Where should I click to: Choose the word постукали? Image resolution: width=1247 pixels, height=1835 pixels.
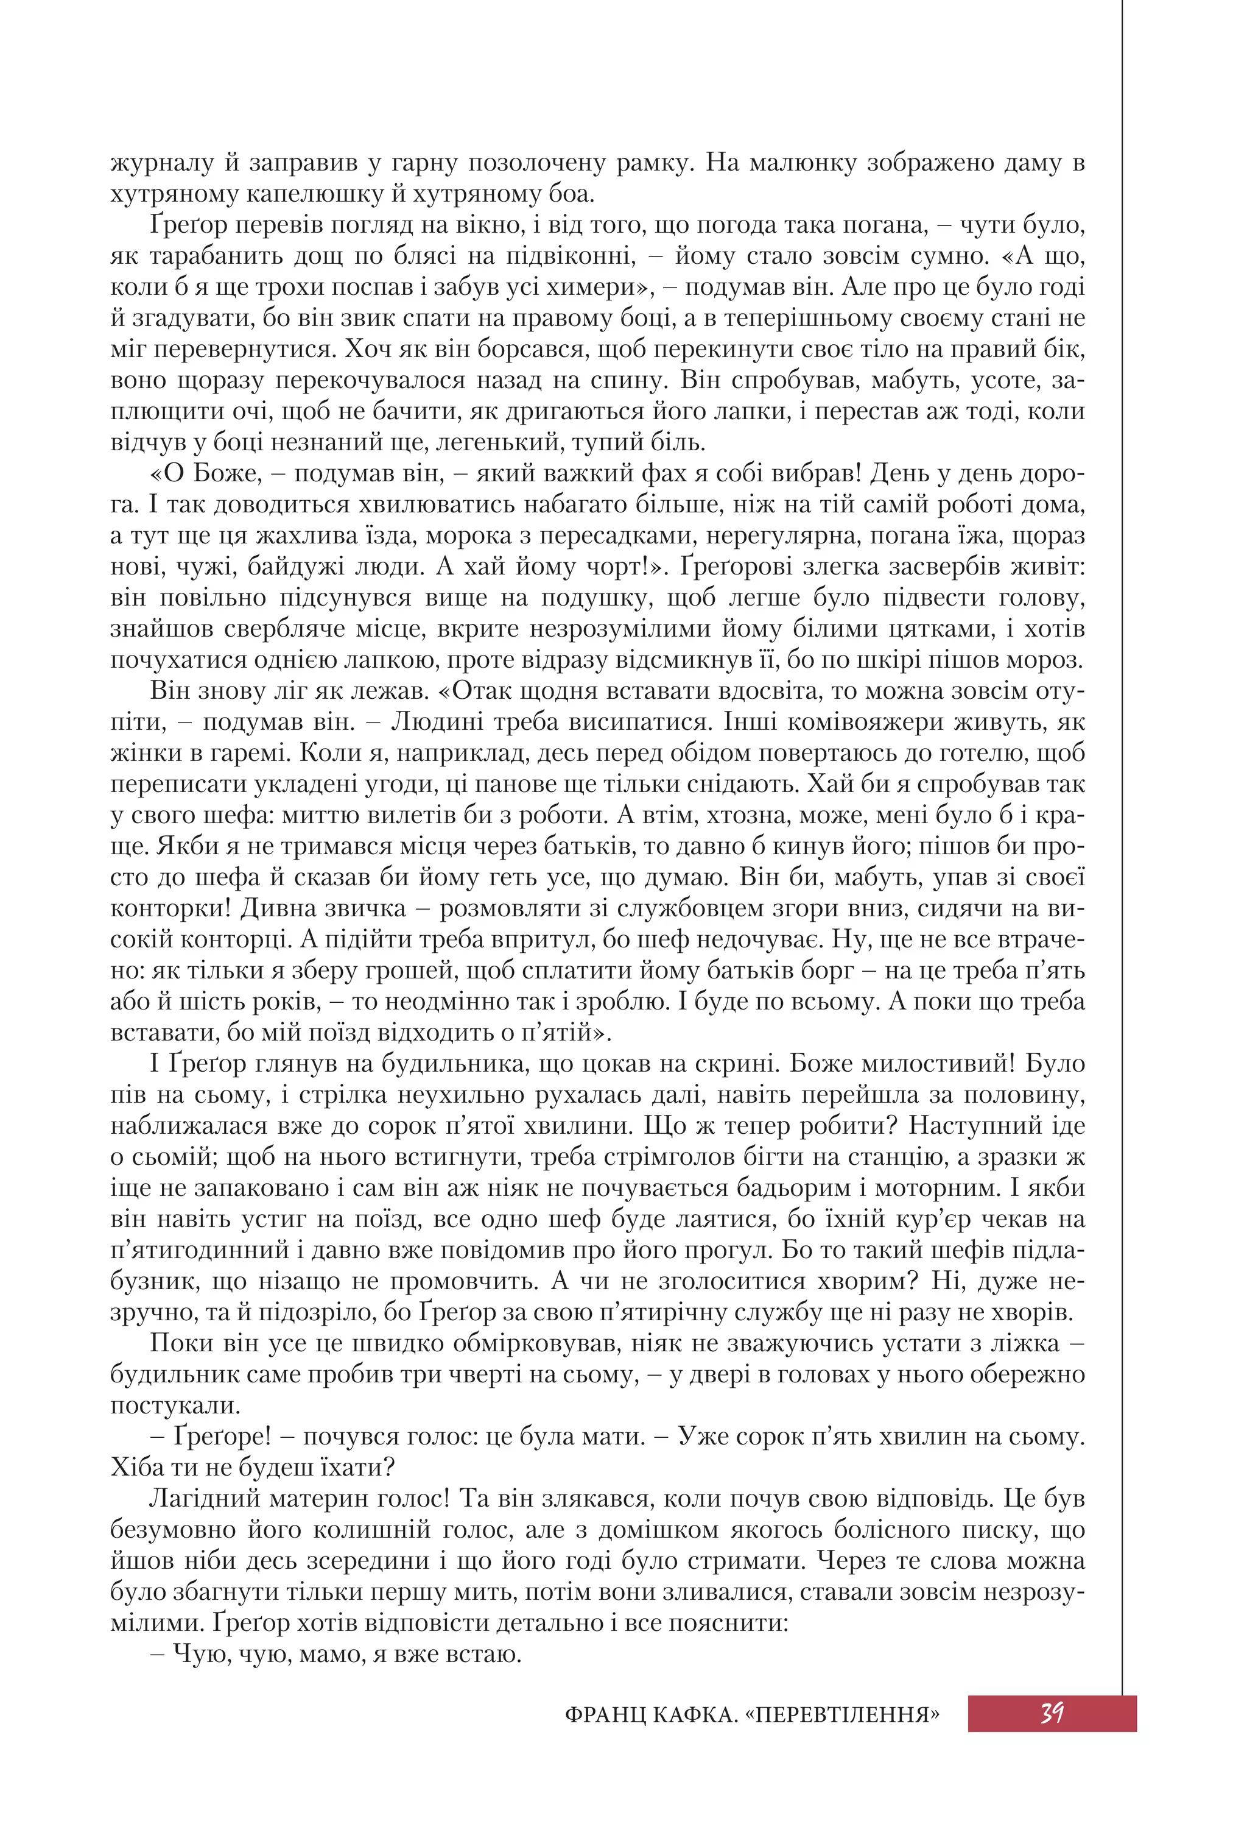[x=175, y=1405]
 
